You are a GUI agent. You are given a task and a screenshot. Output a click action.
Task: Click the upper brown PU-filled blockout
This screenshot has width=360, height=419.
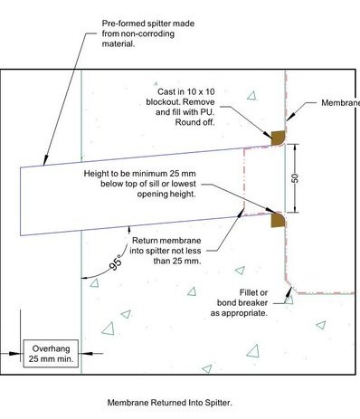coord(278,138)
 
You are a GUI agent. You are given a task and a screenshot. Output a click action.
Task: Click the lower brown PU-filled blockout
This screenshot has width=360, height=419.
coord(278,220)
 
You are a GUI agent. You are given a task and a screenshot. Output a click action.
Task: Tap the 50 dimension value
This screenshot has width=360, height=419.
coord(296,178)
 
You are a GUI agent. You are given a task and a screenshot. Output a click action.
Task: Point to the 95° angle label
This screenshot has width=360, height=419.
coord(116,262)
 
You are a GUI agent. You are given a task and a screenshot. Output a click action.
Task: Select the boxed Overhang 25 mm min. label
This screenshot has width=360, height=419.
coord(51,354)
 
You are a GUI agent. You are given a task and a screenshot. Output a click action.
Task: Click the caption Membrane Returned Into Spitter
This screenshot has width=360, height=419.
coord(170,403)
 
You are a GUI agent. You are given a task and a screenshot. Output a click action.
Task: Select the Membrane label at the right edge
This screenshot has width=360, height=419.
coord(341,103)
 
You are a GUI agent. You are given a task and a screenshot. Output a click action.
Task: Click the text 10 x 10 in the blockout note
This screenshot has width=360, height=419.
coord(200,91)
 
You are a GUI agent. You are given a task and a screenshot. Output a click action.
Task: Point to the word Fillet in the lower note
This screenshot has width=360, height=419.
coord(249,292)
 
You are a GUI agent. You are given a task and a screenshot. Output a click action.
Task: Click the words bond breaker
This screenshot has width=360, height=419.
coord(242,302)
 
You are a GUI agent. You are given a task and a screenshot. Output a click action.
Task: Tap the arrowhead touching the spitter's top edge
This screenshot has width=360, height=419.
coord(45,160)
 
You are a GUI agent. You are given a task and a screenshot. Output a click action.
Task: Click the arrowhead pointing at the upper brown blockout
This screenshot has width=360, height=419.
coord(267,134)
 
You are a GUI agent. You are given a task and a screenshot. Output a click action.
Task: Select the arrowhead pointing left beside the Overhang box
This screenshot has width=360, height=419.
coord(87,353)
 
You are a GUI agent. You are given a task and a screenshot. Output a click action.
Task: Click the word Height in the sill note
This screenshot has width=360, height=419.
coord(96,174)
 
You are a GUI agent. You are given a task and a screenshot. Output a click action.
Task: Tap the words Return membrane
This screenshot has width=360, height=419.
coord(166,241)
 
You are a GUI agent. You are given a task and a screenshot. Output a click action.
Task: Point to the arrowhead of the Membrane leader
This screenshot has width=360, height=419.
coord(289,117)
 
